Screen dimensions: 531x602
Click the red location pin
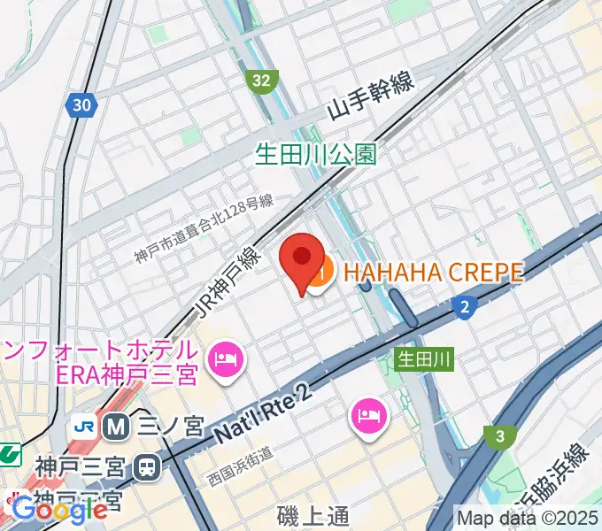(x=302, y=258)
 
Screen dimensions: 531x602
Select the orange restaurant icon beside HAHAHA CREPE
(x=320, y=272)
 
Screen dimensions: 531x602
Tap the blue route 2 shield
(x=464, y=307)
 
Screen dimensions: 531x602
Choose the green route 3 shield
(x=499, y=435)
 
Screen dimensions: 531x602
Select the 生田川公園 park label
(x=316, y=156)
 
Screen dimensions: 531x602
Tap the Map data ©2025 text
(x=528, y=517)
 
